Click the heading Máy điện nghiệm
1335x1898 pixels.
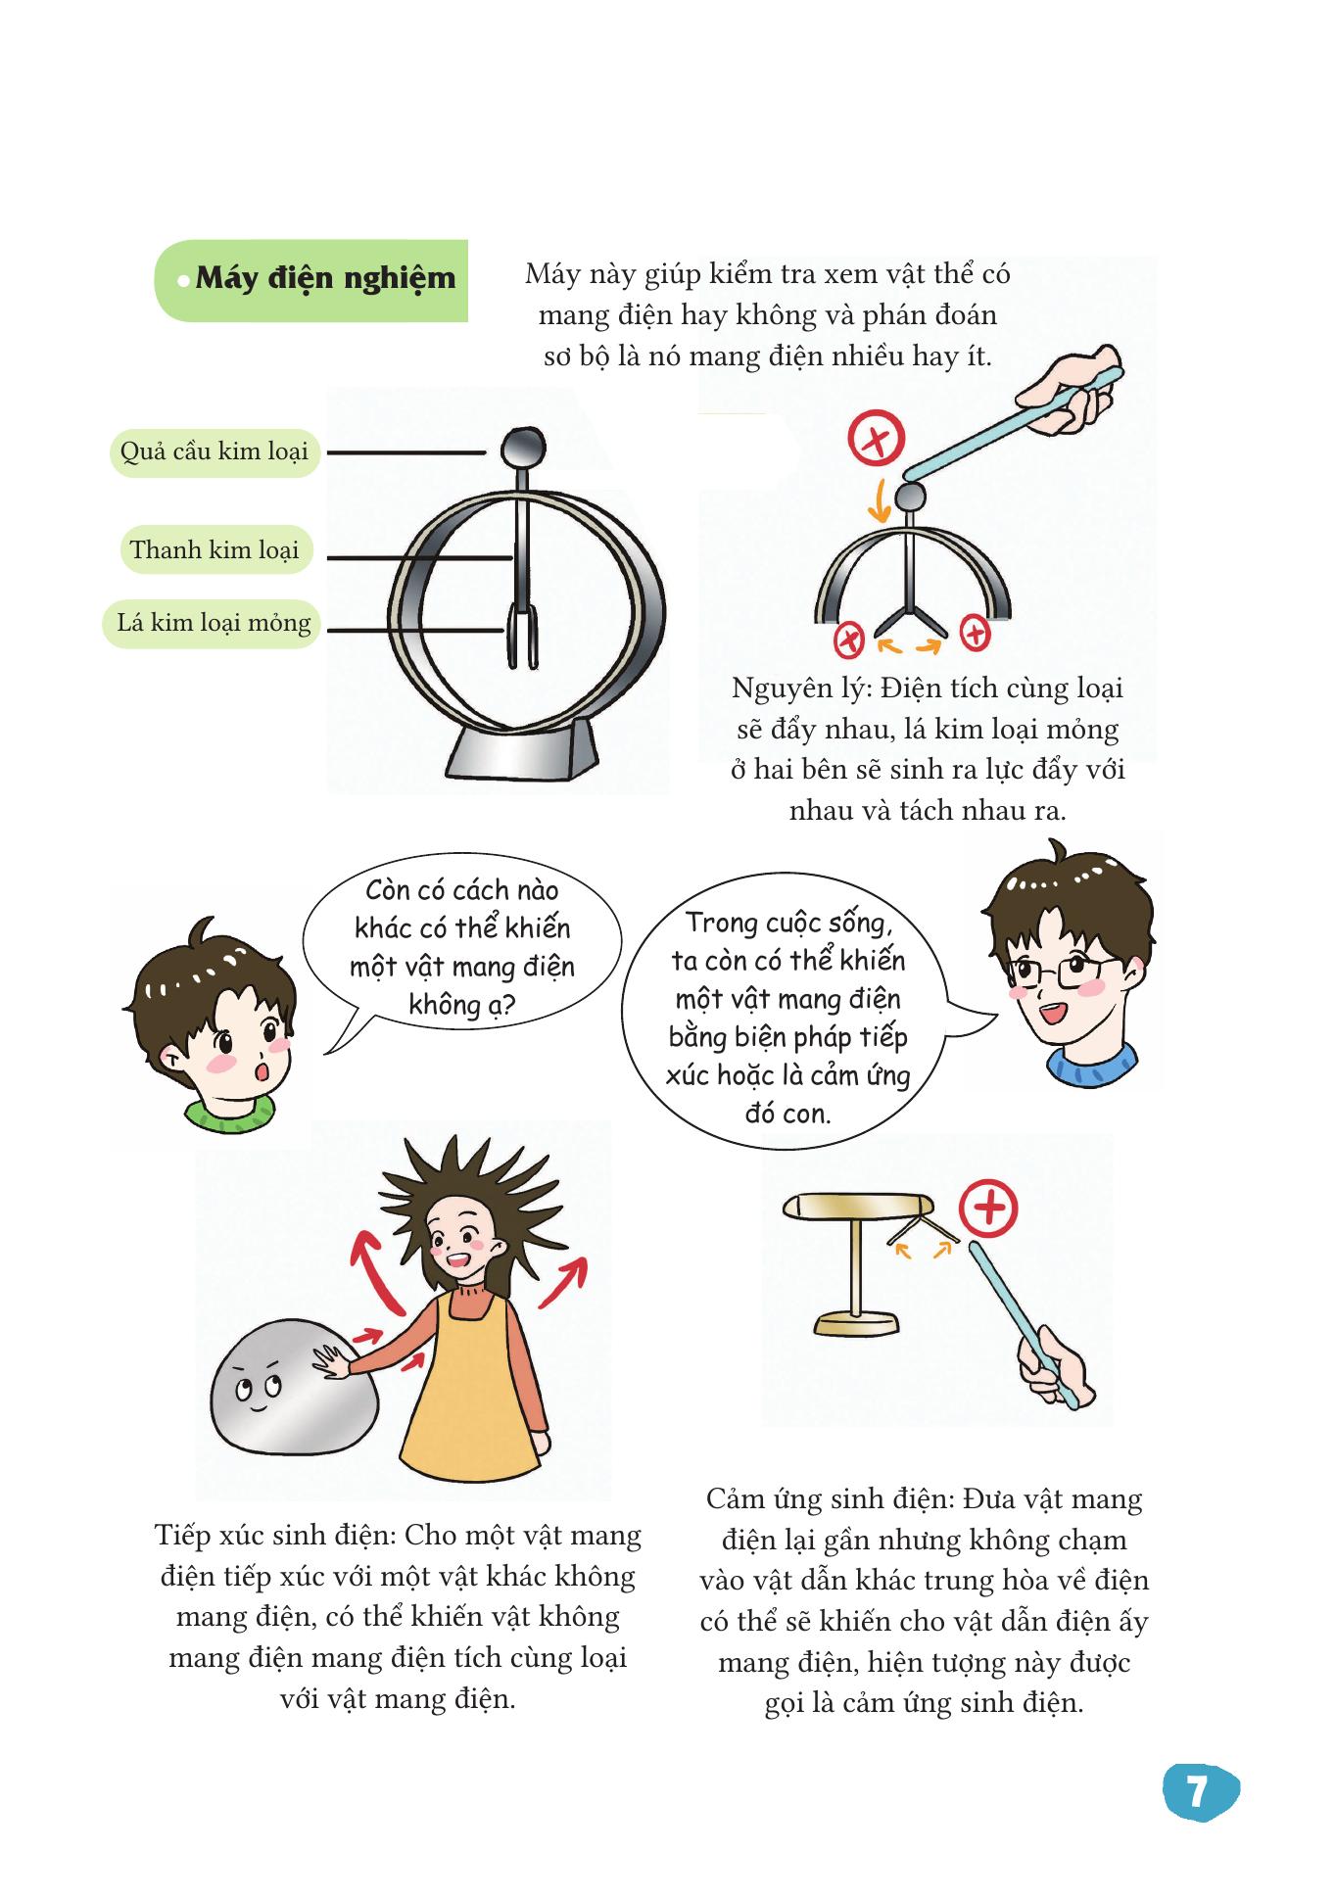(x=325, y=278)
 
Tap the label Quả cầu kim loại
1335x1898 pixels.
(x=215, y=451)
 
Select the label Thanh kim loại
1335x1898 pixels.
(x=215, y=549)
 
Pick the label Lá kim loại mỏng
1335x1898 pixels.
(x=213, y=623)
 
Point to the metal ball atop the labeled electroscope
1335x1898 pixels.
(x=521, y=448)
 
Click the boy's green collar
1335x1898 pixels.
(x=231, y=1112)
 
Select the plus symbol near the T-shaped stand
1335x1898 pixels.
(x=988, y=1209)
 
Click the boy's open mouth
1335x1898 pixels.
(x=262, y=1070)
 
